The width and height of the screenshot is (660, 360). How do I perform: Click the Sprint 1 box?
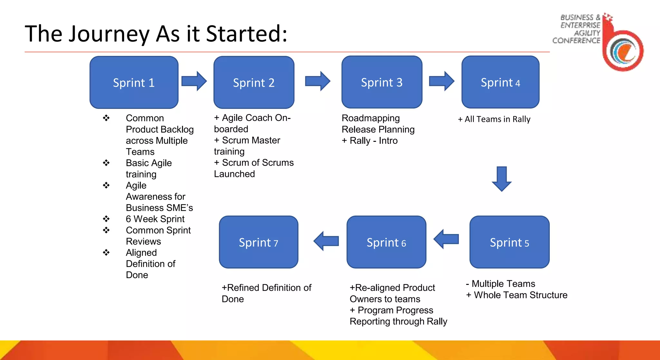[134, 83]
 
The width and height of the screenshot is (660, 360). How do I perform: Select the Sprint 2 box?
[254, 83]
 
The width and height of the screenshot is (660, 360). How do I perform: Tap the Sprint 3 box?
[382, 82]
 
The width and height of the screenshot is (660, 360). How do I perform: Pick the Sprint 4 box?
[500, 82]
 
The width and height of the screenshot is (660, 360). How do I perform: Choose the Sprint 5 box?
[509, 242]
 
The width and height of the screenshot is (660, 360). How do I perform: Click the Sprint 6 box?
[386, 242]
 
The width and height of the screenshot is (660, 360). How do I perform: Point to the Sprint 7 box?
[258, 242]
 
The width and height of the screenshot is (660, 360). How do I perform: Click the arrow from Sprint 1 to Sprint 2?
[194, 81]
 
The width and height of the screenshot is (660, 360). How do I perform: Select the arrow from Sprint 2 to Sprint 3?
[318, 81]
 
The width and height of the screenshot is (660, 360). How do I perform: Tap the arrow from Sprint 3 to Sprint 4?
[442, 81]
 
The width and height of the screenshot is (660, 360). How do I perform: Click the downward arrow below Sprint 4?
[502, 179]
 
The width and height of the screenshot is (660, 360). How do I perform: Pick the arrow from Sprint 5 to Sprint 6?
[446, 239]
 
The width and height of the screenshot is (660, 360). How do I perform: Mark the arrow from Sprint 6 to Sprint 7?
[326, 241]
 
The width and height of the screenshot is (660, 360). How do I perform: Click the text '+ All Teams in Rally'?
[494, 119]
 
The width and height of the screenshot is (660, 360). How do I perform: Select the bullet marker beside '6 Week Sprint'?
[106, 219]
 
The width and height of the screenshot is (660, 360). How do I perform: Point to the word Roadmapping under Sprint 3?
[371, 118]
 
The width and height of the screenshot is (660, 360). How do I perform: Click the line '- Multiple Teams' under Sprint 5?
[500, 284]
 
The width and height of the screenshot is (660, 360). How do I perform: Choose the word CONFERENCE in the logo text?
[576, 41]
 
